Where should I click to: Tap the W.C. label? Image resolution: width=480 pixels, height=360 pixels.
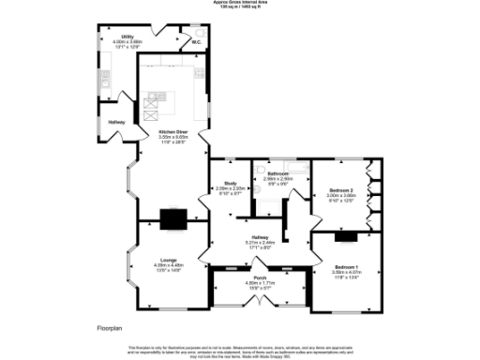pos(197,42)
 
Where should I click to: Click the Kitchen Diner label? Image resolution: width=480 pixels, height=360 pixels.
pos(172,131)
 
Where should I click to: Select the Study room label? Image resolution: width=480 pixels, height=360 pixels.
pos(230,184)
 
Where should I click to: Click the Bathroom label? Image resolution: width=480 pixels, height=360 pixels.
pos(279,174)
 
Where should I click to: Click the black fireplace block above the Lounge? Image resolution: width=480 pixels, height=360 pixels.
pos(172,218)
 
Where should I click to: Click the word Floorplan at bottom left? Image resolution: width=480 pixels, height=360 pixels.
pos(109,328)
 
